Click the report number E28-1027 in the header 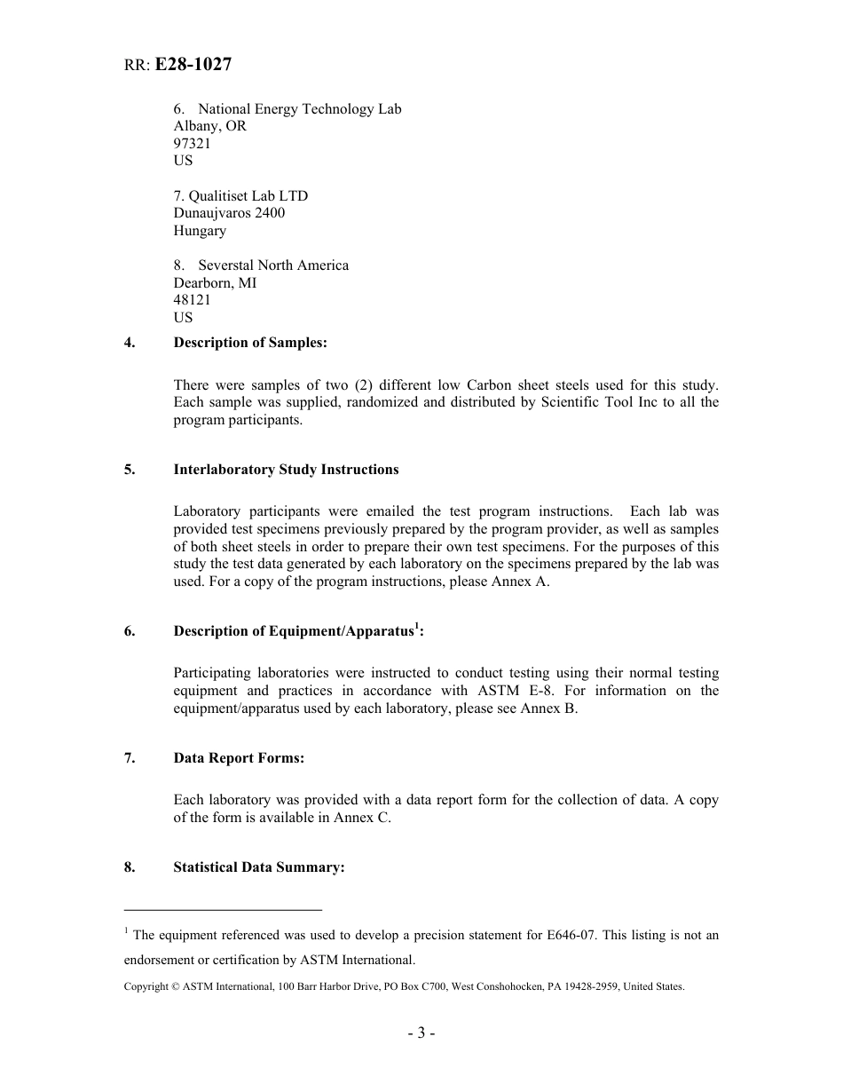point(193,64)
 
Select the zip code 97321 point(193,143)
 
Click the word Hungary point(200,231)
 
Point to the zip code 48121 point(193,300)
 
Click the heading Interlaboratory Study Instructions point(286,470)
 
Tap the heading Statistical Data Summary point(258,867)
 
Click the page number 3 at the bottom point(421,1033)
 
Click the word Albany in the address point(196,126)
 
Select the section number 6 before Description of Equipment point(130,631)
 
